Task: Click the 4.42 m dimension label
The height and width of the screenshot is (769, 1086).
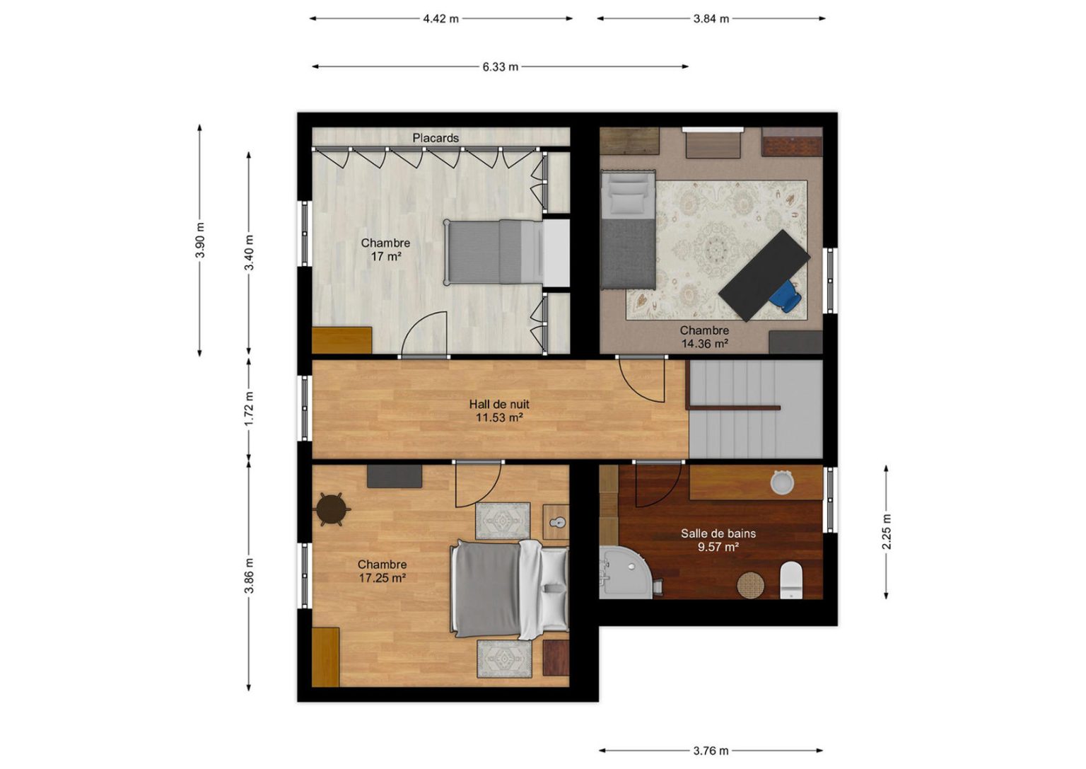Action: pyautogui.click(x=440, y=19)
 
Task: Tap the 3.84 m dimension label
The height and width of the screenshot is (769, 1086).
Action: pyautogui.click(x=711, y=19)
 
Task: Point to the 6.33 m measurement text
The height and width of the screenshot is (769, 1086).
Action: pyautogui.click(x=500, y=67)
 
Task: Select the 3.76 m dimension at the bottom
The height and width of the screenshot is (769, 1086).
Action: pyautogui.click(x=711, y=751)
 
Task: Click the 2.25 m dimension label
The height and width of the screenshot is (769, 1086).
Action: pyautogui.click(x=886, y=532)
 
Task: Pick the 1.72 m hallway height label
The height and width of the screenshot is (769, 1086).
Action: pyautogui.click(x=249, y=410)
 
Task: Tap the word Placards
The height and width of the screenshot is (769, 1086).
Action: pyautogui.click(x=436, y=138)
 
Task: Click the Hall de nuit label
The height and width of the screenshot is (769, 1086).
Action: pyautogui.click(x=499, y=404)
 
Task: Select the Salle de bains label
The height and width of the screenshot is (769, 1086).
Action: pyautogui.click(x=718, y=533)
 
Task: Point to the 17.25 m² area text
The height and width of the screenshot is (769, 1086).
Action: pyautogui.click(x=382, y=578)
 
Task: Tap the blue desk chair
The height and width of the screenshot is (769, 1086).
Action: pyautogui.click(x=786, y=296)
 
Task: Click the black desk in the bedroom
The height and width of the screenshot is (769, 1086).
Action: pyautogui.click(x=764, y=275)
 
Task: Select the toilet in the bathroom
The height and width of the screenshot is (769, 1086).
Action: pyautogui.click(x=792, y=580)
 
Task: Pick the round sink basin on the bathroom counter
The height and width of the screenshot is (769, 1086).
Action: pyautogui.click(x=781, y=482)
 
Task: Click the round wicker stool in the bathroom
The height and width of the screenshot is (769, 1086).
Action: pyautogui.click(x=750, y=585)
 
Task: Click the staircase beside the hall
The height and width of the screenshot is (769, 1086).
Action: pyautogui.click(x=755, y=409)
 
